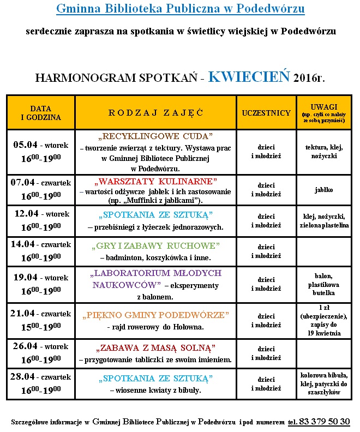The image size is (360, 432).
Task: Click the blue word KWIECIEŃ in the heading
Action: coord(249,76)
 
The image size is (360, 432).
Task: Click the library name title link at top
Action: coord(181,9)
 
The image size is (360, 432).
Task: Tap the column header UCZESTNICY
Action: coord(266,113)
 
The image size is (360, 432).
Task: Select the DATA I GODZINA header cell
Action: coord(41,113)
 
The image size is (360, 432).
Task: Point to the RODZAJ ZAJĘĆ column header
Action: coord(156,113)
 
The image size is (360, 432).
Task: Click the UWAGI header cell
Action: coord(323,112)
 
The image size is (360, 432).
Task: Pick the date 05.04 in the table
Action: coord(26,145)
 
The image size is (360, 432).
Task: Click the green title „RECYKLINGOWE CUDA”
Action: coord(155,136)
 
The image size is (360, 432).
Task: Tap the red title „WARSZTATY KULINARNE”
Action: coord(155,181)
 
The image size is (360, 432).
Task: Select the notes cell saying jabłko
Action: coord(323,190)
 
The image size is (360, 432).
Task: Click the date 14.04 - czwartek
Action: coord(41,244)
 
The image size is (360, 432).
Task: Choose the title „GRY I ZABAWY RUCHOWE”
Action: coord(155,245)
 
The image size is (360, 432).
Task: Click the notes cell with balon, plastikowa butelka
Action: coord(323,284)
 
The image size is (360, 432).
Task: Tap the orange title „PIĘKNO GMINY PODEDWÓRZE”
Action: coord(155,315)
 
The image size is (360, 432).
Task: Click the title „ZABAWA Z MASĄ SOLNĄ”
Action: coord(155,347)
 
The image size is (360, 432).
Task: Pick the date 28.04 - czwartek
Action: coord(41,377)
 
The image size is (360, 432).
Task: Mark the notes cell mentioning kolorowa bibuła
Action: coord(323,383)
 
